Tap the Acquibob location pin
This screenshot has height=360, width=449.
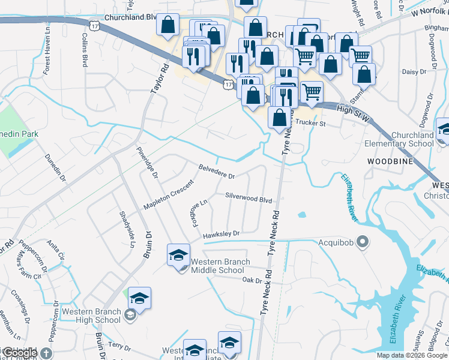362,242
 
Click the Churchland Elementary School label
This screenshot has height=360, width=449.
403,139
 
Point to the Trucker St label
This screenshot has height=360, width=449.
310,124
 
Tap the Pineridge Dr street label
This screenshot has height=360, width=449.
146,163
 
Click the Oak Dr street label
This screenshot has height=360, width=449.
252,280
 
